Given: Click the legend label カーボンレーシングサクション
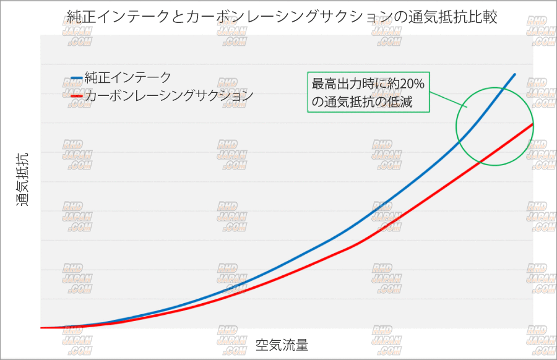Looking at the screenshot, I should (x=168, y=96).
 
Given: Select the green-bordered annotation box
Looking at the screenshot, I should (x=368, y=92).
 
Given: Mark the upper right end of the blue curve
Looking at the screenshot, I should (x=515, y=74).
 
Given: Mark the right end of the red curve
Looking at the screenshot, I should (x=533, y=124).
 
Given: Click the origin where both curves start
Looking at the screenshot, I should (x=41, y=328).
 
